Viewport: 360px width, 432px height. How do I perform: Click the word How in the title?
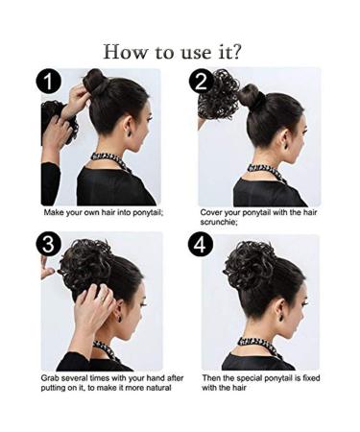coord(126,50)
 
